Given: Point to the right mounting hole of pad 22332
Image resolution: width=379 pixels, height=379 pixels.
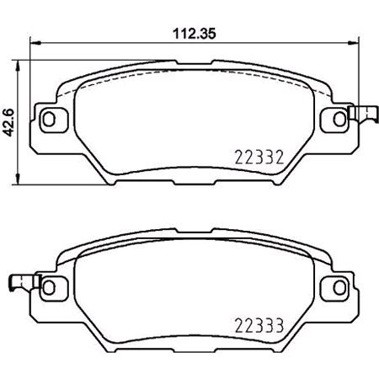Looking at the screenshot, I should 332,116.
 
